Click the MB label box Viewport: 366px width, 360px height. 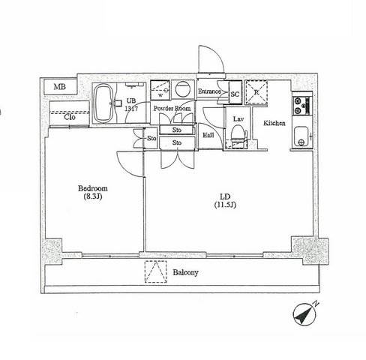60,87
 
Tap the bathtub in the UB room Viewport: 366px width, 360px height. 103,103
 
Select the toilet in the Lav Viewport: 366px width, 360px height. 238,133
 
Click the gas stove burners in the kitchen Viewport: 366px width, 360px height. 302,106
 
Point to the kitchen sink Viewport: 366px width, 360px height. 301,136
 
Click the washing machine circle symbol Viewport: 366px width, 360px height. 183,89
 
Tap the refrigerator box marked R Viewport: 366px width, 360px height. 256,92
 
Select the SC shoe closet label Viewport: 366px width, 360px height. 235,94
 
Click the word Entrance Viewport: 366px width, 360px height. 209,91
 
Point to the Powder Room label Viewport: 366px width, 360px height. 172,108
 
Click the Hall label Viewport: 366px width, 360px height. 208,135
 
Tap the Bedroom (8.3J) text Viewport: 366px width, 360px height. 93,192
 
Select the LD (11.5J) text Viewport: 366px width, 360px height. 225,200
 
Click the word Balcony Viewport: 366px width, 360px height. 186,272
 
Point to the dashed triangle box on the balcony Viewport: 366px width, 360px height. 156,271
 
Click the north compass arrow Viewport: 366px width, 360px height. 304,314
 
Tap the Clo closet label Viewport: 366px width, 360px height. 70,117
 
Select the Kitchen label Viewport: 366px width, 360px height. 274,123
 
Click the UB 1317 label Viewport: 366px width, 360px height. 131,105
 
